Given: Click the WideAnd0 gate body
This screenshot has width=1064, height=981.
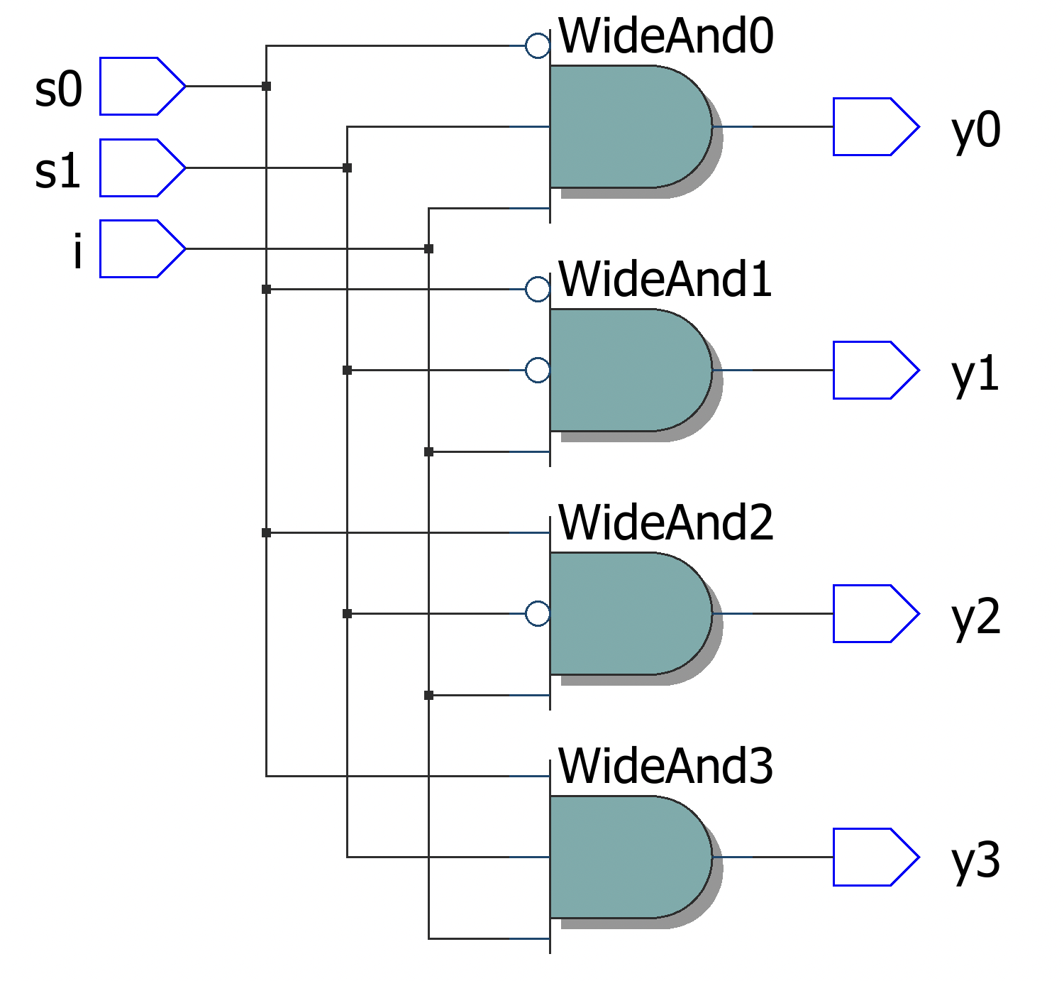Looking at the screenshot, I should tap(628, 126).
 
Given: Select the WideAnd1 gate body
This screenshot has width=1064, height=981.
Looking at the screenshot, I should tap(628, 370).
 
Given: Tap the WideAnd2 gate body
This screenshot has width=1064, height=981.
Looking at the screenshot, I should tap(628, 613).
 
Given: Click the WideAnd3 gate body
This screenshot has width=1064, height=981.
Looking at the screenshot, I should tap(628, 857).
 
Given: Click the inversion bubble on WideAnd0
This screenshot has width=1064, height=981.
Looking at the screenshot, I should tap(538, 45).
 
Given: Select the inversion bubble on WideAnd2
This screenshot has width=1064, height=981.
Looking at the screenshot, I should tap(538, 613).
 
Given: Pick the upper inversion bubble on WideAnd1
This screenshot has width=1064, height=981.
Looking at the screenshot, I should tap(538, 289).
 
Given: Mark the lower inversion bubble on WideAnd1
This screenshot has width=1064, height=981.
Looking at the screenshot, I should tap(538, 370).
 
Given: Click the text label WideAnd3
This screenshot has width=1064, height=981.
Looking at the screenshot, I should tap(665, 767).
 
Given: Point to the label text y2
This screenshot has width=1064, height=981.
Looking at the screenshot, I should tap(975, 616).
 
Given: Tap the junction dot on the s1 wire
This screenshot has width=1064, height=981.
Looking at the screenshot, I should tap(347, 168).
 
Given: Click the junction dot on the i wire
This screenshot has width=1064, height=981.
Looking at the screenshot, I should tap(428, 248).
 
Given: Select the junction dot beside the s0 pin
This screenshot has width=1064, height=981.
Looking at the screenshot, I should tap(266, 86).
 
